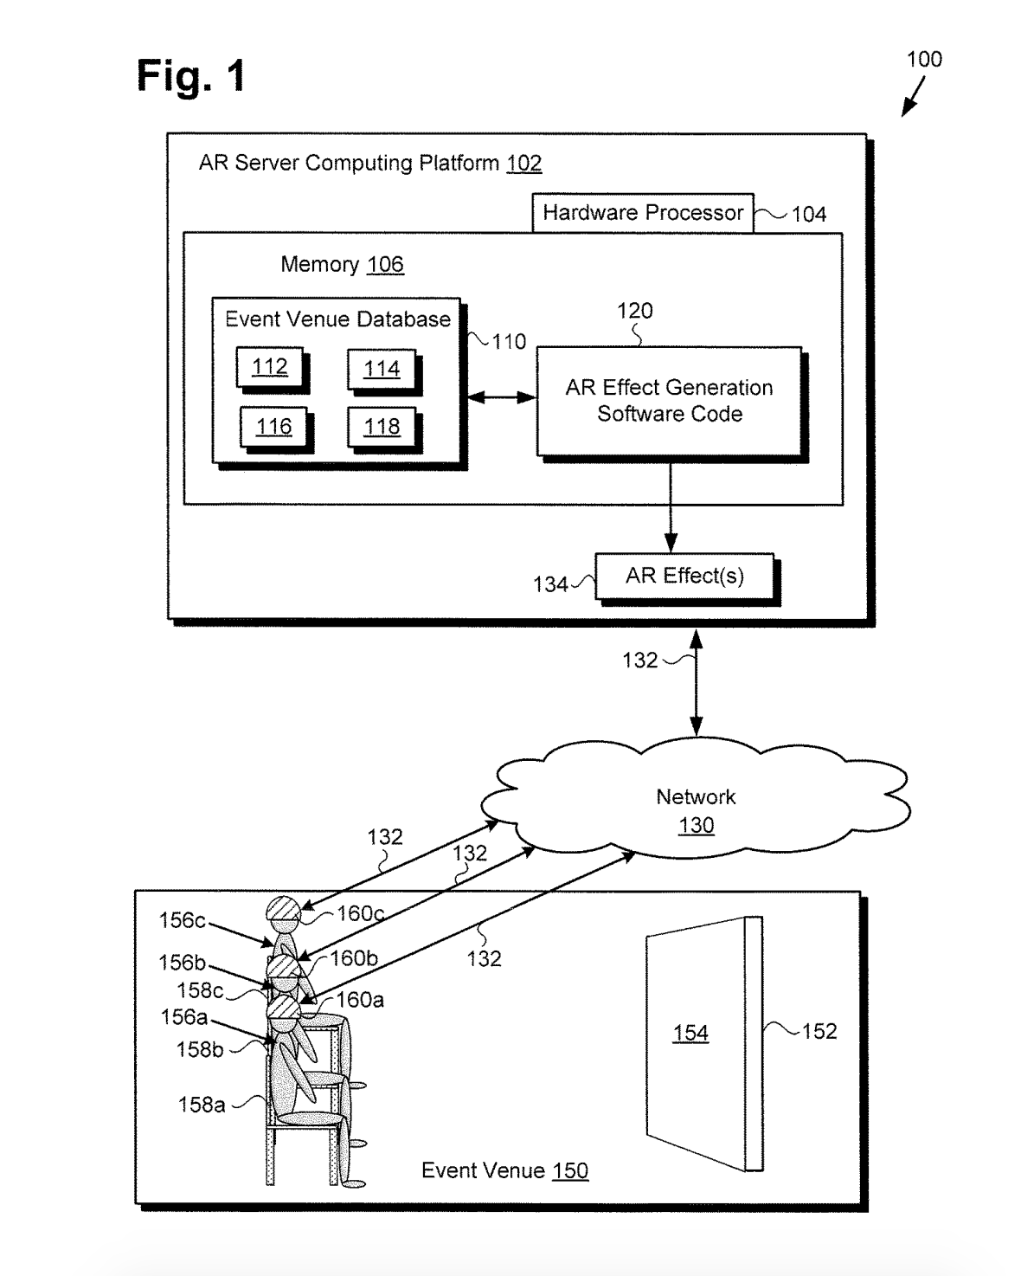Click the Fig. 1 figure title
click(x=191, y=76)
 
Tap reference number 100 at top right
click(x=923, y=60)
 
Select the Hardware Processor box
click(x=642, y=213)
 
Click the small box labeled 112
click(x=269, y=367)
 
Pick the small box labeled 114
click(x=381, y=369)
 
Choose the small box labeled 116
click(x=273, y=427)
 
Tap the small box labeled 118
click(x=382, y=427)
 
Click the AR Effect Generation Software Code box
click(x=669, y=401)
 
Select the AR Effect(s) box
click(x=684, y=577)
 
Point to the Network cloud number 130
click(x=696, y=825)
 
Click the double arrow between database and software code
click(x=502, y=397)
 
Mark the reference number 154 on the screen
click(x=690, y=1033)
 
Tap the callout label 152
click(x=819, y=1031)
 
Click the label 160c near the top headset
click(x=360, y=913)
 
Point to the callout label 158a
click(x=202, y=1105)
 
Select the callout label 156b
click(x=182, y=963)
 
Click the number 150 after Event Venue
click(x=569, y=1171)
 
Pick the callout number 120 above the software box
click(x=634, y=311)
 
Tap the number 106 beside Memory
click(x=385, y=265)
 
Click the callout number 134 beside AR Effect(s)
click(x=550, y=585)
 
